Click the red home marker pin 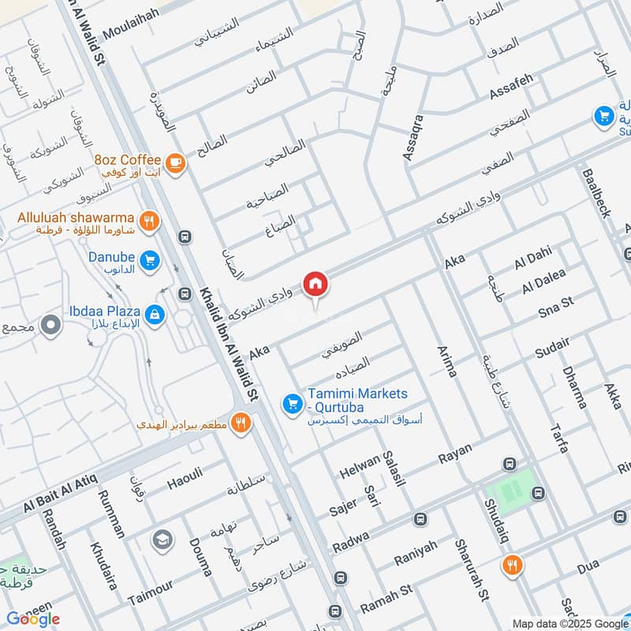pos(315,283)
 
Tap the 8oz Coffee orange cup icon pos(175,162)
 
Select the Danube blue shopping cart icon pos(148,259)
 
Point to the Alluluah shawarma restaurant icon pos(147,220)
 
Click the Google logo pos(32,618)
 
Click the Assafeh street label pos(512,87)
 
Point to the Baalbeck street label pos(596,192)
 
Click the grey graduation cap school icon pos(162,540)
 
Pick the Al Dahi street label pos(533,260)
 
